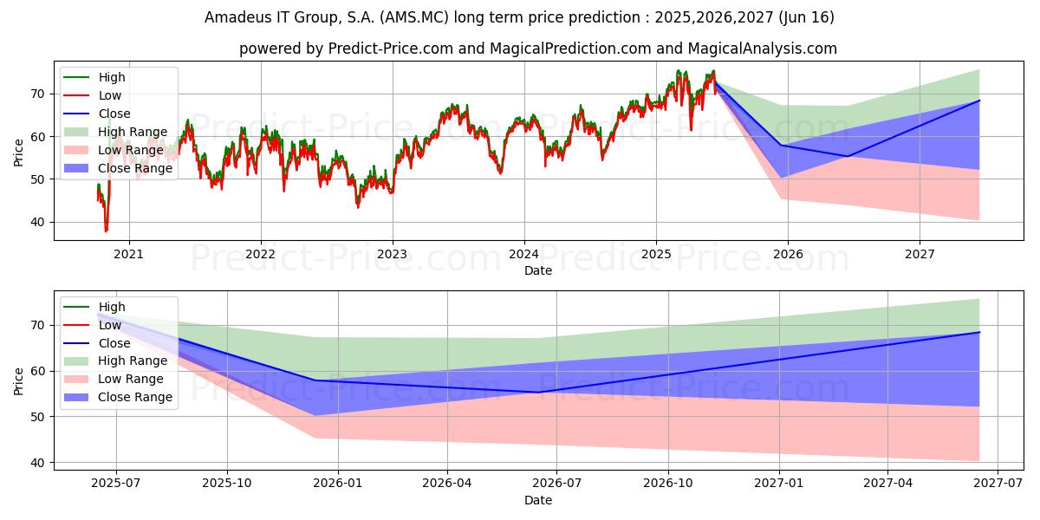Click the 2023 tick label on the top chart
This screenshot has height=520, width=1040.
(x=392, y=255)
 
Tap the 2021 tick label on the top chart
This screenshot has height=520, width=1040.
(x=129, y=255)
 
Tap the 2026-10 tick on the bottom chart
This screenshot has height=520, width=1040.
(x=669, y=484)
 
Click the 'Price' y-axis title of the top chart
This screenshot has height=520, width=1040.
(x=18, y=151)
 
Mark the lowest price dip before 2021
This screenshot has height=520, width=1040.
(x=106, y=231)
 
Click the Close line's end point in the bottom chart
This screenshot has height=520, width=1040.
(x=979, y=332)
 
